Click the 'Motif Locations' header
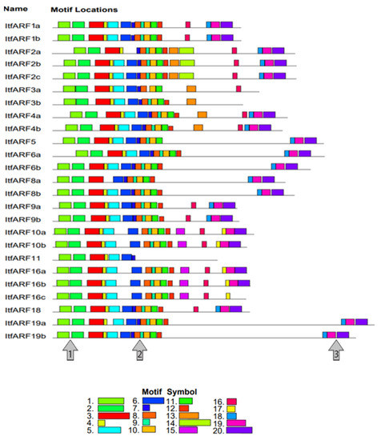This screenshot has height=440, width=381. click(x=84, y=9)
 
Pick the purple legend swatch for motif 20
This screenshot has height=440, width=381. click(x=239, y=430)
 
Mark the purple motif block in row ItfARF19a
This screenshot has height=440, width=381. click(x=362, y=322)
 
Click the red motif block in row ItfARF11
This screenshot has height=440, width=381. click(x=98, y=258)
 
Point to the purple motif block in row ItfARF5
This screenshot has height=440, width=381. click(x=310, y=142)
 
